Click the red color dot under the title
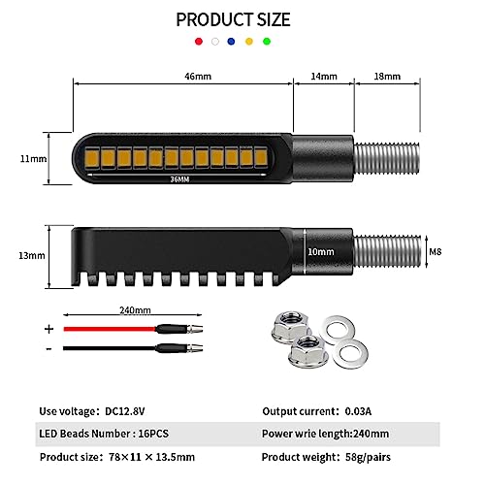point(199,42)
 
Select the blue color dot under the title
point(231,42)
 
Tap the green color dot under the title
point(267,42)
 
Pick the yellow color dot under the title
point(249,42)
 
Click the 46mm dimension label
point(198,77)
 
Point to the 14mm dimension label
point(324,77)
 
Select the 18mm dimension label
point(387,77)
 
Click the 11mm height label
point(33,159)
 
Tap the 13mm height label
point(32,255)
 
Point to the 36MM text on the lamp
point(179,179)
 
